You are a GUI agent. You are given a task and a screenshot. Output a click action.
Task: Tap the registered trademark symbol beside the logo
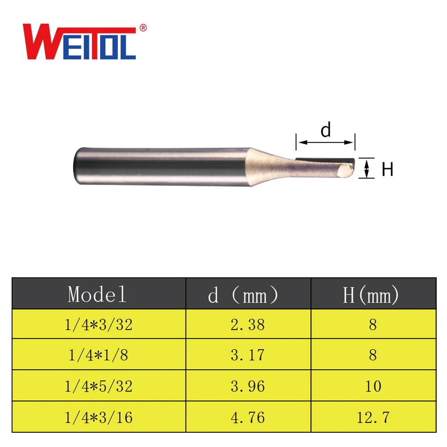(143, 28)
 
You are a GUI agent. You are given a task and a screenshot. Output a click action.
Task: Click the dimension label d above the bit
(326, 130)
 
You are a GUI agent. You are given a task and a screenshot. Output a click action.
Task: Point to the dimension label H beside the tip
(387, 169)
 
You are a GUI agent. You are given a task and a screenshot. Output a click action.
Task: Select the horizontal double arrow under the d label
(325, 143)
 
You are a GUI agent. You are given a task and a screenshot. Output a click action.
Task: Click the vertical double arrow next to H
(367, 169)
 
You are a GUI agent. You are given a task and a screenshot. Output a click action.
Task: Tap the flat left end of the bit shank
(76, 165)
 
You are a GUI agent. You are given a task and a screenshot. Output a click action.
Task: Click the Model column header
(98, 295)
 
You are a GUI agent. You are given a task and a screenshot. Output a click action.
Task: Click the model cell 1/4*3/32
(98, 325)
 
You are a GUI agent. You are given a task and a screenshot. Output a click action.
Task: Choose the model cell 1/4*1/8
(98, 355)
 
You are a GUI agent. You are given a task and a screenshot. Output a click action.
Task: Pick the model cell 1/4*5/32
(98, 386)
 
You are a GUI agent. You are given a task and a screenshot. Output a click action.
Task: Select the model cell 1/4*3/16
(98, 417)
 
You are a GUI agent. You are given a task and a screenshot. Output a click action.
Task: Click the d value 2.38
(248, 325)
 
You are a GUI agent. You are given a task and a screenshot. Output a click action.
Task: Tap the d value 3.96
(248, 386)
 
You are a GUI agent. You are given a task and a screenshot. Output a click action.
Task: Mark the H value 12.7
(373, 417)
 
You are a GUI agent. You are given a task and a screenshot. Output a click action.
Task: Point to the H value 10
(373, 386)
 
